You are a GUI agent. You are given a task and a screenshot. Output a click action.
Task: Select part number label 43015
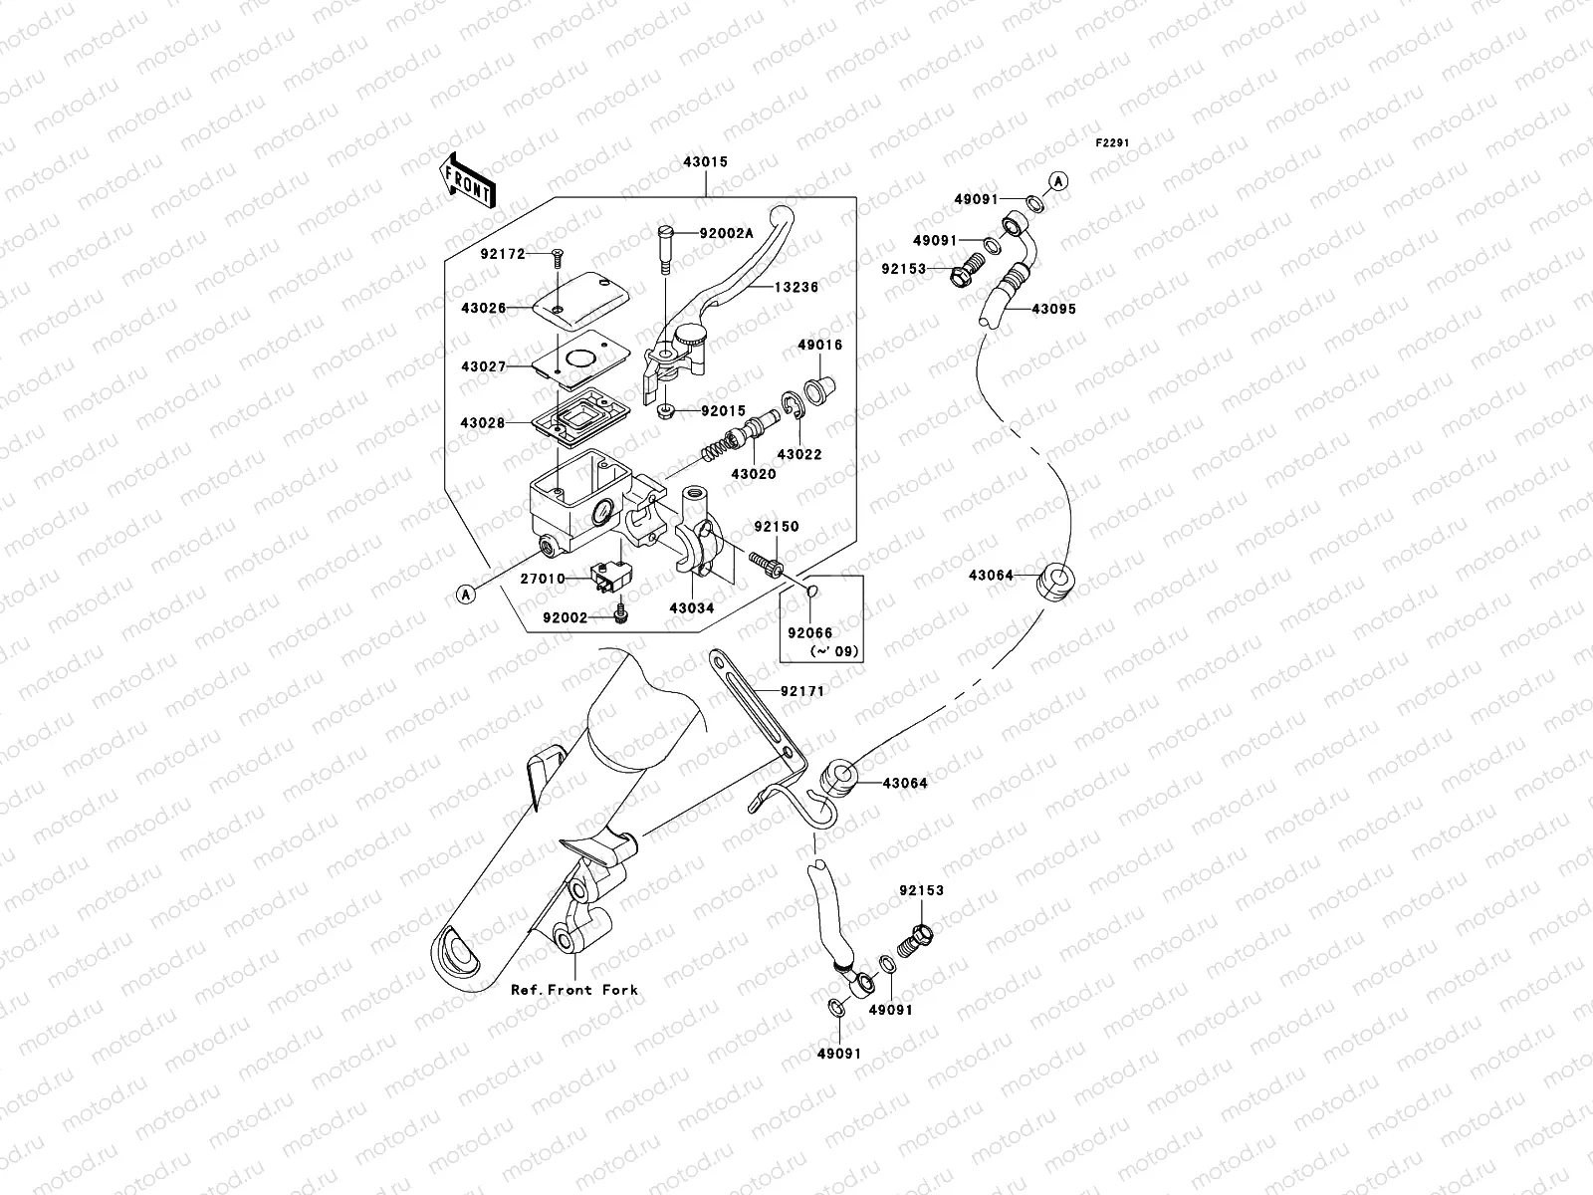[x=705, y=161]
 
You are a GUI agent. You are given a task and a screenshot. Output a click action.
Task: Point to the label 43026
[x=483, y=309]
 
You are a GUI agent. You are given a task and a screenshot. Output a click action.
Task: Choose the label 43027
[x=483, y=367]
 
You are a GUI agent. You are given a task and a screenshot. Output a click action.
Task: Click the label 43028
[x=483, y=424]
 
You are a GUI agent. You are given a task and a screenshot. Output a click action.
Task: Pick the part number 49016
[x=818, y=346]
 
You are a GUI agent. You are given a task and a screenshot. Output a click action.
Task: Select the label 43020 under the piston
[x=753, y=474]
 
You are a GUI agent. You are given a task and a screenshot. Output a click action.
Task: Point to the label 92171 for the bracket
[x=802, y=691]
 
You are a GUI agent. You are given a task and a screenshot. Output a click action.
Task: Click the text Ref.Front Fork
[x=574, y=990]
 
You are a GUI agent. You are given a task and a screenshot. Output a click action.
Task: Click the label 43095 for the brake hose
[x=1053, y=310]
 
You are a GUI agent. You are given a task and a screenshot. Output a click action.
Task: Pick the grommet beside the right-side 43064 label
[x=1055, y=583]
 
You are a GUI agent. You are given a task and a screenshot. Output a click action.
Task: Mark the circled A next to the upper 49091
[x=1058, y=181]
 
